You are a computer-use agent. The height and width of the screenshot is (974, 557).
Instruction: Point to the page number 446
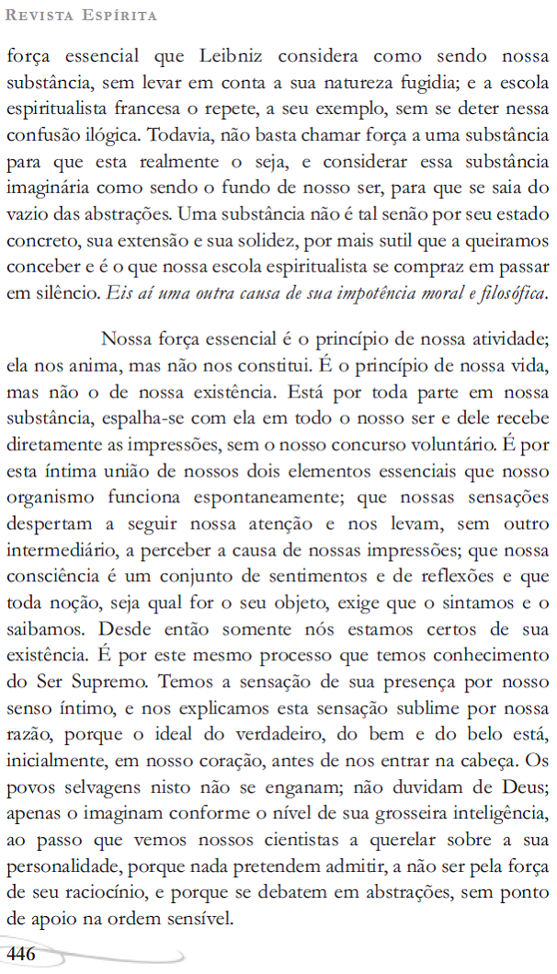click(x=21, y=954)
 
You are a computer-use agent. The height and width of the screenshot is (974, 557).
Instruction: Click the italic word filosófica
click(x=512, y=295)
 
